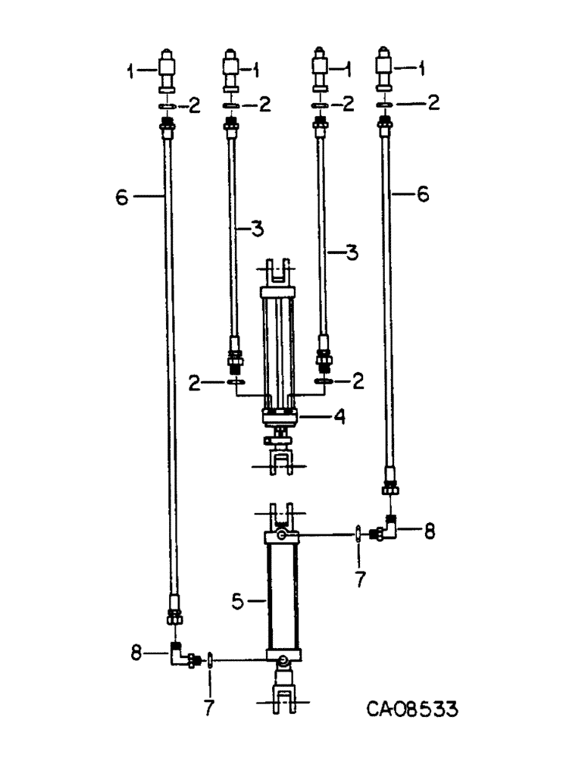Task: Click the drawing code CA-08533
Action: pyautogui.click(x=412, y=710)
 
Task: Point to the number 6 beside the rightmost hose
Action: pyautogui.click(x=422, y=195)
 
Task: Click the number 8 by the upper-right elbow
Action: pyautogui.click(x=429, y=531)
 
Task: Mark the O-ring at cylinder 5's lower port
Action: pyautogui.click(x=210, y=659)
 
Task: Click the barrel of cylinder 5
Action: pyautogui.click(x=282, y=595)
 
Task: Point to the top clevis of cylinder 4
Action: pyautogui.click(x=280, y=271)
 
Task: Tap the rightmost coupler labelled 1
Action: pyautogui.click(x=385, y=73)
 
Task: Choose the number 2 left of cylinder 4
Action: pyautogui.click(x=196, y=384)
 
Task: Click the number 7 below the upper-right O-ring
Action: pyautogui.click(x=359, y=579)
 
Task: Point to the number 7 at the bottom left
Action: pyautogui.click(x=209, y=708)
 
